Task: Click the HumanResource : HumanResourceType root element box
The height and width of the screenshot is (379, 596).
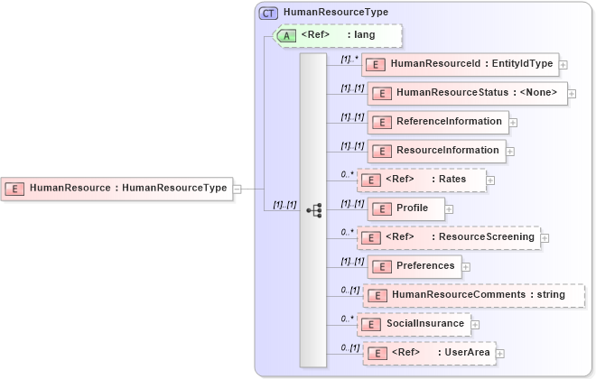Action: point(116,188)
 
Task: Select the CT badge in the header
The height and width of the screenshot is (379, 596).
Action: point(268,13)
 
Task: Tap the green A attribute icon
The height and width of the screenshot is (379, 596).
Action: point(286,35)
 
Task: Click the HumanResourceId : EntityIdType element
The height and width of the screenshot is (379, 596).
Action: point(459,64)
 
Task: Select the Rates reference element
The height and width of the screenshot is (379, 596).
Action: point(421,180)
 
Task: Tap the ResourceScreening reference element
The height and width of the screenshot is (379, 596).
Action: point(448,237)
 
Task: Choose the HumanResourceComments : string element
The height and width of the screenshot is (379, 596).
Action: point(473,294)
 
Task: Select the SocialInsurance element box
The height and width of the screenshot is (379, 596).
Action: point(413,323)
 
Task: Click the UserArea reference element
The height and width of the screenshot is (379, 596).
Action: point(427,352)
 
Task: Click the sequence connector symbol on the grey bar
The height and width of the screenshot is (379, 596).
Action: point(314,209)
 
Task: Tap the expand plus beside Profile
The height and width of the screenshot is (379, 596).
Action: point(449,209)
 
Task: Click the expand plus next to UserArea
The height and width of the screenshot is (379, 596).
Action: point(499,353)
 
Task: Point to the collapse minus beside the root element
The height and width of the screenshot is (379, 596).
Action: point(237,189)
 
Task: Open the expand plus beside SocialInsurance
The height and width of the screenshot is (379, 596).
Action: point(476,324)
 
